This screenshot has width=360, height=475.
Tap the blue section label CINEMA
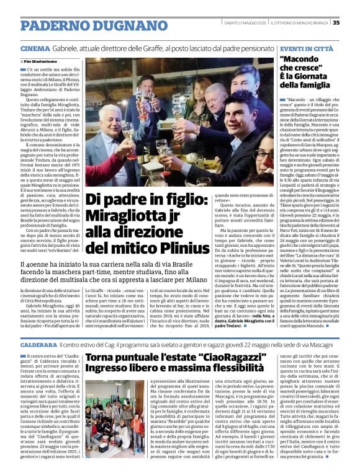tap(35, 48)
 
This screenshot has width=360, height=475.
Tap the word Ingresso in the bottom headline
tap(110, 371)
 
